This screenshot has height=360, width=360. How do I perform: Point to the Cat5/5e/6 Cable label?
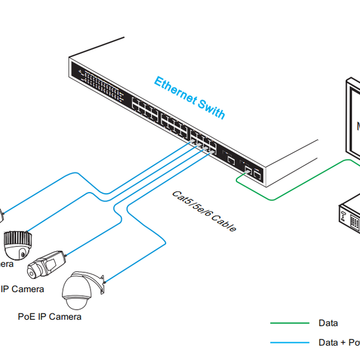tap(204, 211)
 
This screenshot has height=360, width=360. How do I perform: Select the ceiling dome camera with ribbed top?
tap(17, 244)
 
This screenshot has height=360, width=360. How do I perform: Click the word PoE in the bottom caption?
tap(28, 316)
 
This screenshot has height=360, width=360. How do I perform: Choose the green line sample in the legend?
tap(288, 323)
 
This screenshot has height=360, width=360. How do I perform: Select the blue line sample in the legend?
tap(288, 343)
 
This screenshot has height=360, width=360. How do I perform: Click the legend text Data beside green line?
tap(328, 323)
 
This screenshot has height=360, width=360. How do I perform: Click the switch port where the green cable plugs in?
tap(247, 170)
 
